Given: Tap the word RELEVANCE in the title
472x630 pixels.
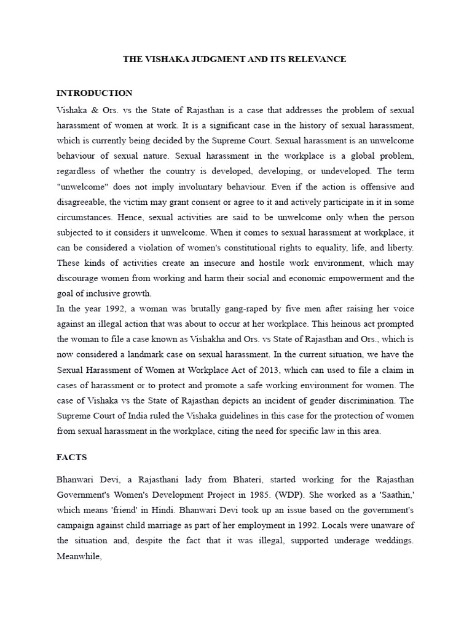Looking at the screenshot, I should tap(316, 59).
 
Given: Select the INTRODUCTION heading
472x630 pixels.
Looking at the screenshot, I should tap(94, 94).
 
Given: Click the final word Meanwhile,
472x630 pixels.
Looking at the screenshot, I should tap(78, 556).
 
